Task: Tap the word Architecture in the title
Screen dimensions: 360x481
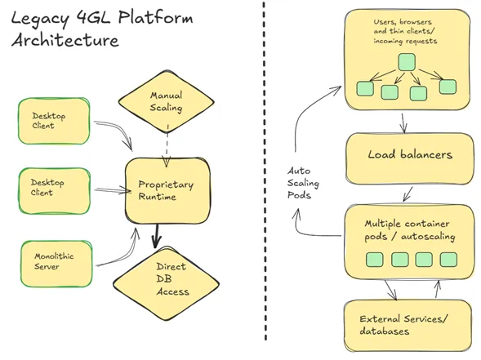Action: click(65, 40)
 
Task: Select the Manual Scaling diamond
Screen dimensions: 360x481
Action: click(166, 101)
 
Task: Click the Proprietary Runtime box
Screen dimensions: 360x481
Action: click(167, 190)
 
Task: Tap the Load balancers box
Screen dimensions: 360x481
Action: click(409, 154)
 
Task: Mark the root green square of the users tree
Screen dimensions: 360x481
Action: click(406, 61)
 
